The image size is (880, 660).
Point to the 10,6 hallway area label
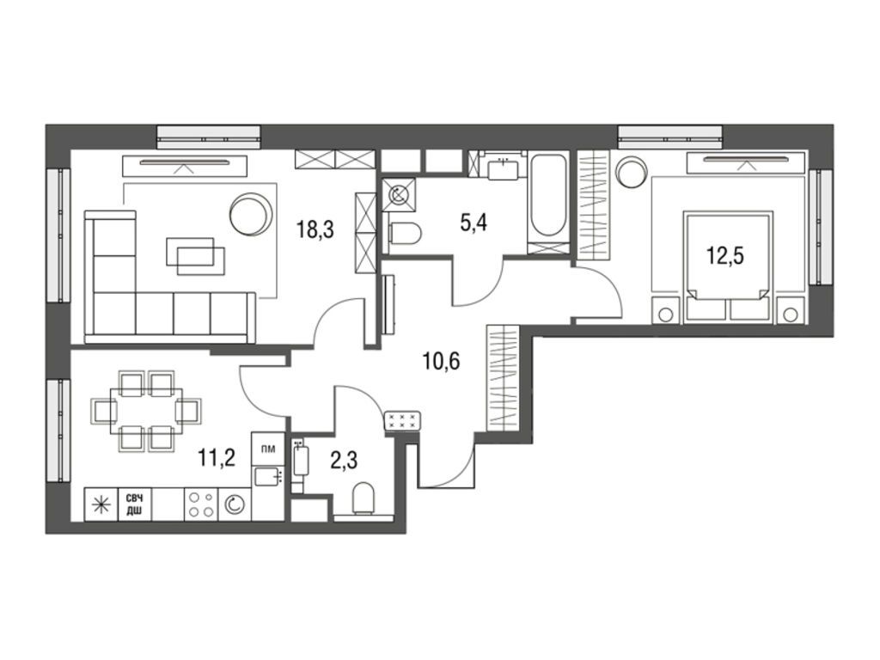442,360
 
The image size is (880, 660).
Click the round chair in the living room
251,211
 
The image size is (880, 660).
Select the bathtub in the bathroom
548,197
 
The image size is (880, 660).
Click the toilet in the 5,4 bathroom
404,232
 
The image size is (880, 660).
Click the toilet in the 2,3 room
365,499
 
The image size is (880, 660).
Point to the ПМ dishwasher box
267,449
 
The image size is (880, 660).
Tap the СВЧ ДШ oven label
134,504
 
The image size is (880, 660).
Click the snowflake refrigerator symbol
101,504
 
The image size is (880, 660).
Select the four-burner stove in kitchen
201,504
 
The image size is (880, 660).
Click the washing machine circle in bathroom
399,194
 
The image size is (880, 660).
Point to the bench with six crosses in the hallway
402,420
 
